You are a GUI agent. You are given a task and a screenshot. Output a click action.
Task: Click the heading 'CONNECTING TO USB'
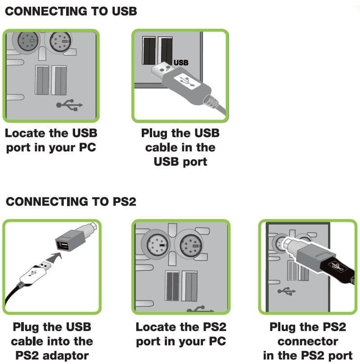(71, 11)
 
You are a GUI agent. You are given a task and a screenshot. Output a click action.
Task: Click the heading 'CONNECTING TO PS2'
(71, 202)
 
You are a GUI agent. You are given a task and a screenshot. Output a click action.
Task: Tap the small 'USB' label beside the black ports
(181, 63)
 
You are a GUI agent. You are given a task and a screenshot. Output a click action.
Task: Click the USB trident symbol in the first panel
(69, 105)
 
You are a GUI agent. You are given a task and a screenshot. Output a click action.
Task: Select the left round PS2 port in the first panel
(27, 41)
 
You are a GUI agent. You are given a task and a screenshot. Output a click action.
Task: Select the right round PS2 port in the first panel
(61, 41)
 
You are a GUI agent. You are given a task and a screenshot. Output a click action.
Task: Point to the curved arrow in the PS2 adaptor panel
(54, 257)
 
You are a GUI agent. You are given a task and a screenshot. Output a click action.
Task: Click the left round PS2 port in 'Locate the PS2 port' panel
(157, 245)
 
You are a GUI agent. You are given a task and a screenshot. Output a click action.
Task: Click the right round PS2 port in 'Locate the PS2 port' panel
(191, 245)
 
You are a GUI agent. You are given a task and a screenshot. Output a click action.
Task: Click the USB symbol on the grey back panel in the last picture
(286, 291)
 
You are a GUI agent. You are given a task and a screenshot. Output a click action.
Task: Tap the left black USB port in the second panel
(149, 50)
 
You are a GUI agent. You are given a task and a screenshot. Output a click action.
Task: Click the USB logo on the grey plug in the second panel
(187, 81)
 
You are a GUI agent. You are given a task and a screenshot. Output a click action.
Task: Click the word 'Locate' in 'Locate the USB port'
(25, 133)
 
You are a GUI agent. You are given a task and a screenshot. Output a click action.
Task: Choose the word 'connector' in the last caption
(308, 342)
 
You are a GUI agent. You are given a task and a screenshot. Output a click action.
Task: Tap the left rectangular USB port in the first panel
(42, 80)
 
